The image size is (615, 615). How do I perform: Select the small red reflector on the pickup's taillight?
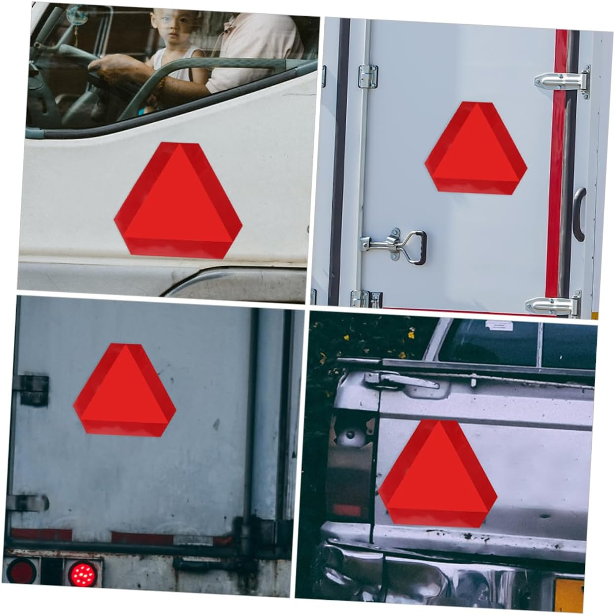click(x=346, y=509)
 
